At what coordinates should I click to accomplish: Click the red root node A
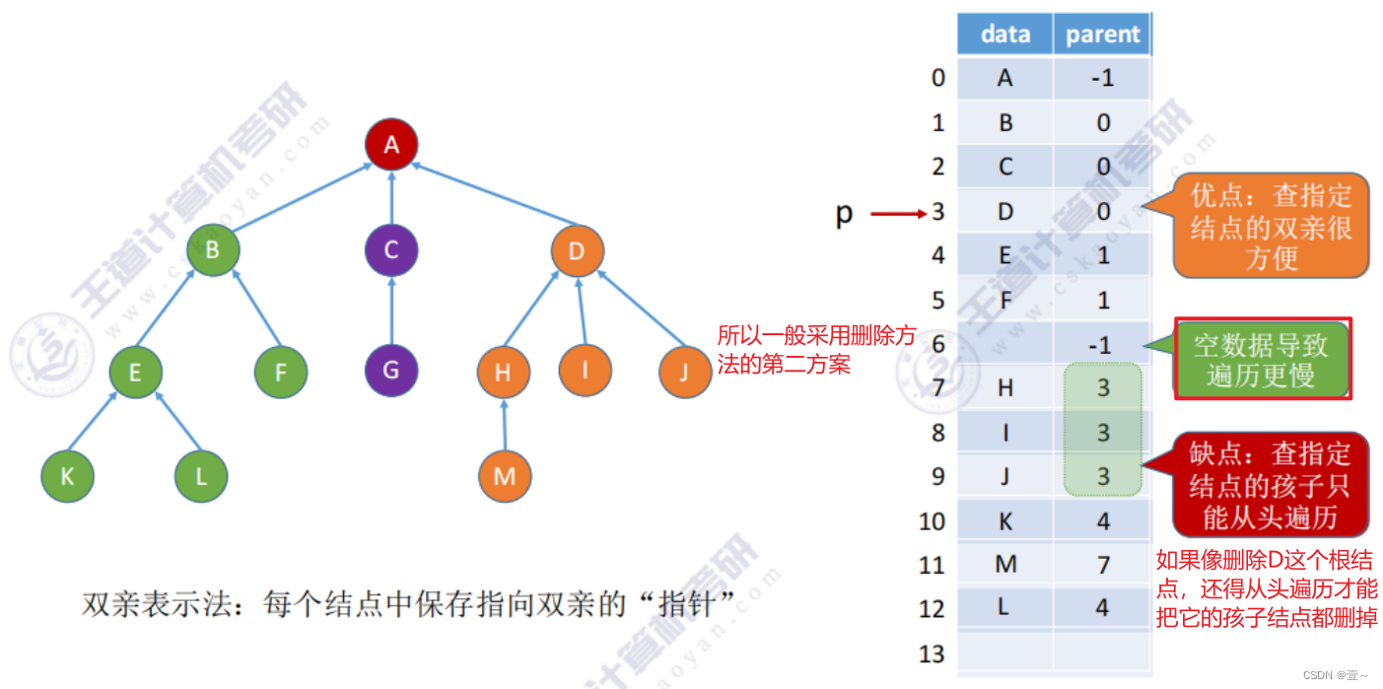coord(391,145)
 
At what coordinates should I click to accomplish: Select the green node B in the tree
coord(213,250)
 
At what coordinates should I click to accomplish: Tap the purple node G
coord(391,372)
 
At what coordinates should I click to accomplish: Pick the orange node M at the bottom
coord(505,477)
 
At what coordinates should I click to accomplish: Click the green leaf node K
coord(67,477)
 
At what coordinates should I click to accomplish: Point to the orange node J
coord(685,372)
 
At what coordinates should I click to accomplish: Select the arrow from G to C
coord(391,310)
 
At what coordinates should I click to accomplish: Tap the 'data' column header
coord(1004,34)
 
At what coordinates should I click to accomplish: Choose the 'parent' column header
coord(1102,34)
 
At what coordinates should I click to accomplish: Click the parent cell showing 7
coord(1102,565)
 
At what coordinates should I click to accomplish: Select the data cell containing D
coord(1004,211)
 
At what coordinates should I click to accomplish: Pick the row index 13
coord(932,654)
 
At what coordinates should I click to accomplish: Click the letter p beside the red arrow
coord(844,213)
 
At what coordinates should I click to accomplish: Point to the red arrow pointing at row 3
coord(895,212)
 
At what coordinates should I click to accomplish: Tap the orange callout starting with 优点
coord(1270,226)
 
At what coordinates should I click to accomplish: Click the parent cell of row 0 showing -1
coord(1102,78)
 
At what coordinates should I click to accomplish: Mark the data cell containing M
coord(1004,565)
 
